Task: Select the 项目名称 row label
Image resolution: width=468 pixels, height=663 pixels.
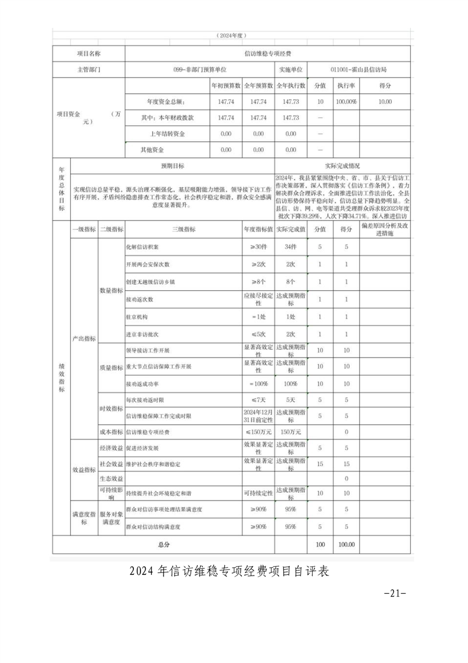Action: [89, 53]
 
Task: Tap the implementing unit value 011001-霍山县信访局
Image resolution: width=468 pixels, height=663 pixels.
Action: [359, 69]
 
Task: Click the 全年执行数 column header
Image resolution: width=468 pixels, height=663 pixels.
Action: [291, 86]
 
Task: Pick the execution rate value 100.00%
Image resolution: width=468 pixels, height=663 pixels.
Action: [346, 102]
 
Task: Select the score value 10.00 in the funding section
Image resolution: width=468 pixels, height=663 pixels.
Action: [385, 102]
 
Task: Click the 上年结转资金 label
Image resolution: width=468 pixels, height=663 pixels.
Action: [167, 134]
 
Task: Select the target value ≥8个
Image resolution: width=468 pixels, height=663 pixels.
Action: [258, 281]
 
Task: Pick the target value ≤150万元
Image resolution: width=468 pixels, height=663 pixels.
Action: [258, 432]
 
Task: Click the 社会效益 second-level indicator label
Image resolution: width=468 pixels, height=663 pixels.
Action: [111, 464]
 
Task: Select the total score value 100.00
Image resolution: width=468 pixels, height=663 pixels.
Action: [346, 544]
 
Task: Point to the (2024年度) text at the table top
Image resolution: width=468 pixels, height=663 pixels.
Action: [233, 36]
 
